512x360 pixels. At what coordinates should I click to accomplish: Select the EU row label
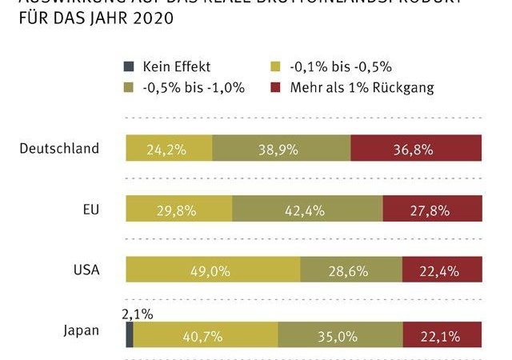tap(90, 210)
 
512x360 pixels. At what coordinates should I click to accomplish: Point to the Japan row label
tap(82, 331)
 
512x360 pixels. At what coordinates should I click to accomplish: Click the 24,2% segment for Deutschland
tap(169, 149)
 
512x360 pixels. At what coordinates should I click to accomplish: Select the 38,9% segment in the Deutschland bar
tap(282, 149)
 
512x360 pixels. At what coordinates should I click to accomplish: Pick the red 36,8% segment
tap(416, 149)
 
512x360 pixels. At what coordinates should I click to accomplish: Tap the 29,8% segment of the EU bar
tap(179, 210)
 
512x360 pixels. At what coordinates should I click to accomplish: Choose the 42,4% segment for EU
tap(308, 210)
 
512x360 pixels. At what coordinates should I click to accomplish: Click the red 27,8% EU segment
tap(432, 210)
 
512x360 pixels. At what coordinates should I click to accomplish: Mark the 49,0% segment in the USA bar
tap(213, 270)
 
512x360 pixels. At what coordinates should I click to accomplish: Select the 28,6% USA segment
tap(350, 270)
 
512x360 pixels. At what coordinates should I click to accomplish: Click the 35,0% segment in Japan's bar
tap(340, 334)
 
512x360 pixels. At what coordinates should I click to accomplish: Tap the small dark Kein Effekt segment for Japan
tap(130, 334)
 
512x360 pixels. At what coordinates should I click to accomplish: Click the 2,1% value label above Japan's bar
tap(136, 313)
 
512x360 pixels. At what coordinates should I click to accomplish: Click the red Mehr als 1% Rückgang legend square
tap(277, 88)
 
